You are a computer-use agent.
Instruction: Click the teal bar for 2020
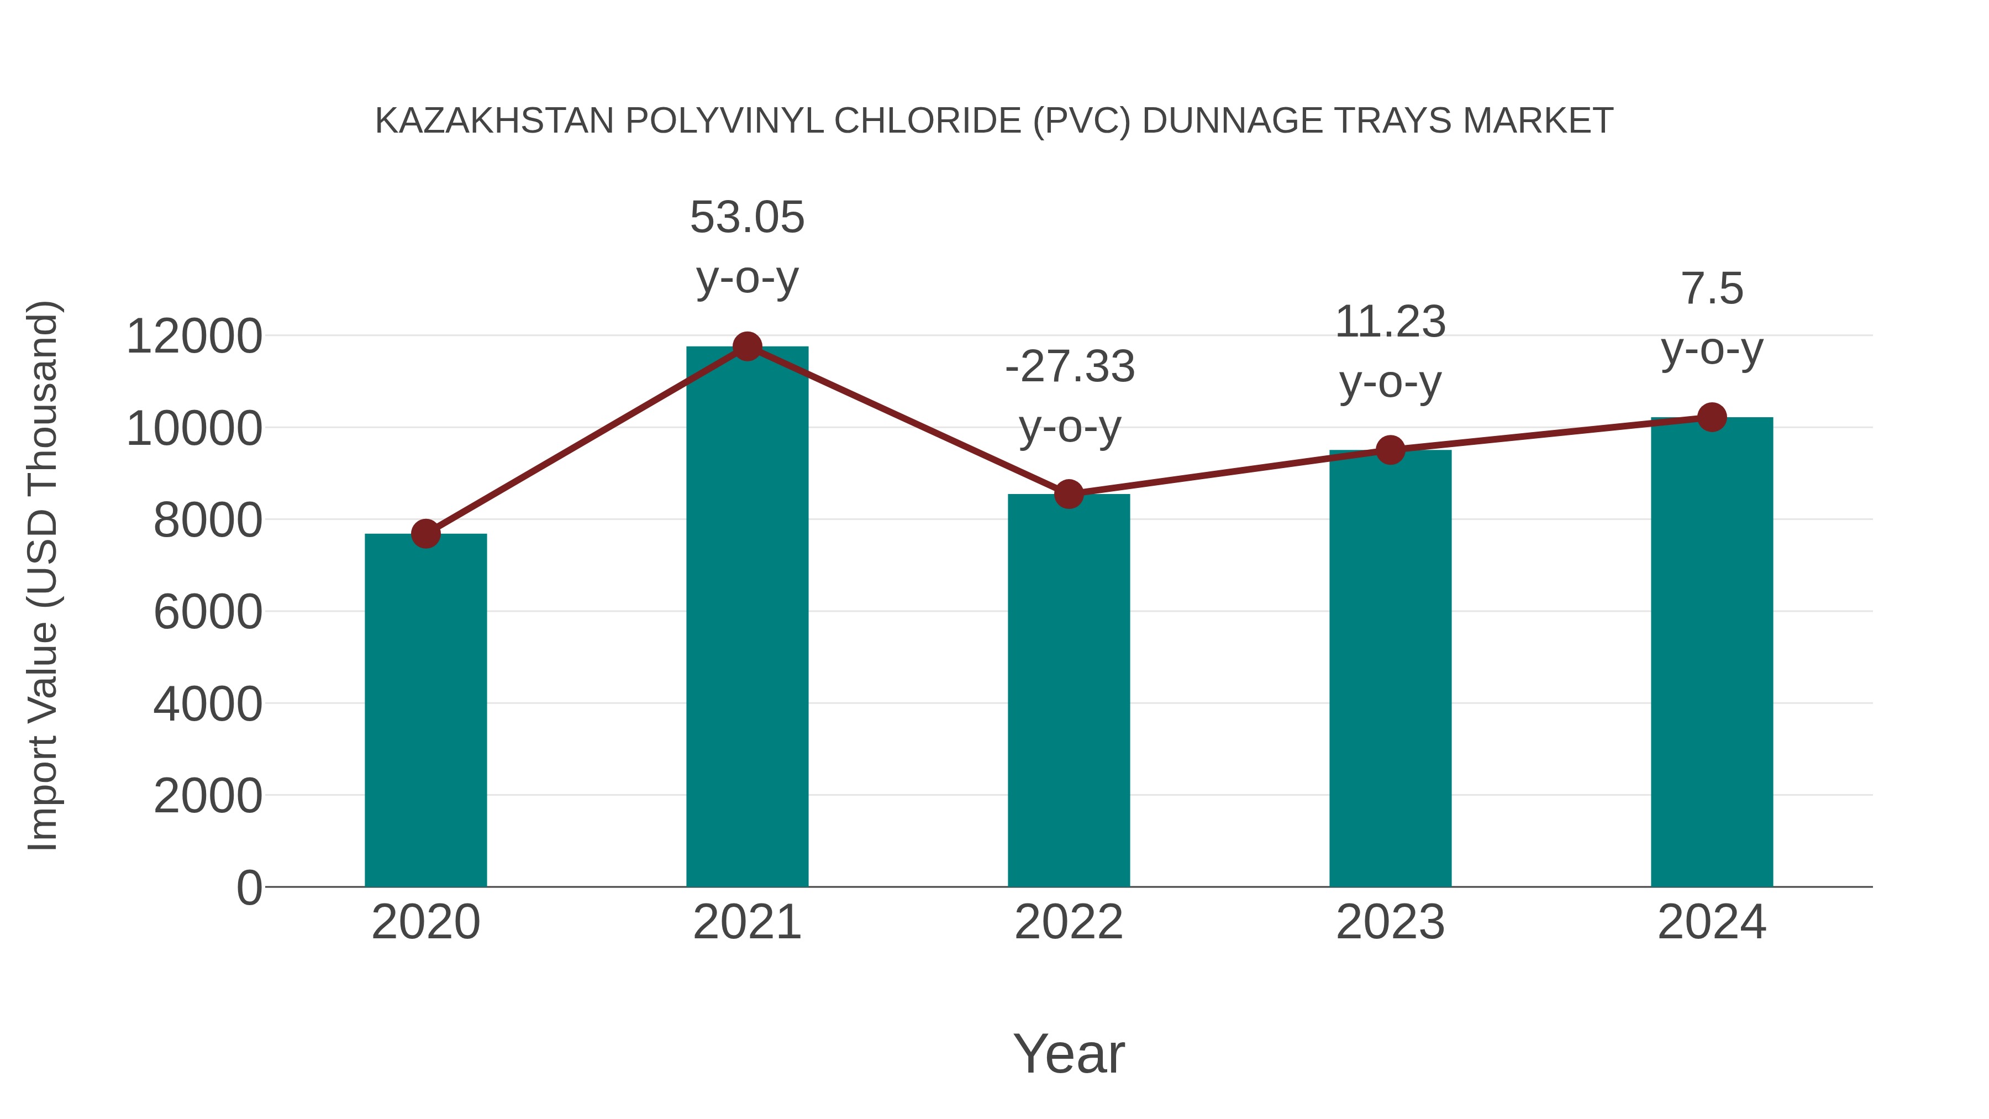(x=425, y=711)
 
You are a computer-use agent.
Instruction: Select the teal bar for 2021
(x=746, y=618)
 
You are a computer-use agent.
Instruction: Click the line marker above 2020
(x=425, y=534)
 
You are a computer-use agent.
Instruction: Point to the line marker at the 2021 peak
(x=746, y=346)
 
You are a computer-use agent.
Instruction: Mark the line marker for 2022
(x=1069, y=493)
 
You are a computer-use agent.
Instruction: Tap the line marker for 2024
(x=1712, y=417)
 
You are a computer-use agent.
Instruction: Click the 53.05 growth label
(x=746, y=217)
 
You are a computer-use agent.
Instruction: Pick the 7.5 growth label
(x=1712, y=289)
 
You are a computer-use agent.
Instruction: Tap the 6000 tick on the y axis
(x=208, y=612)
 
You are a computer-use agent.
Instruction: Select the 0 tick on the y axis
(x=249, y=887)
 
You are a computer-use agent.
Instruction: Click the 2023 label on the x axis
(x=1390, y=922)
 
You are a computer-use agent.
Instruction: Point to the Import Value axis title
(x=43, y=575)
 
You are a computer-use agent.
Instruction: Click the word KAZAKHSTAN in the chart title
(x=494, y=121)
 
